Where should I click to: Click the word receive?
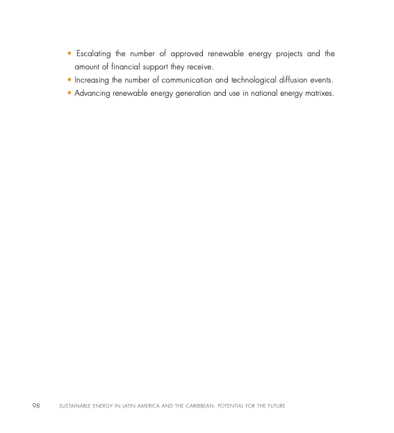(x=197, y=67)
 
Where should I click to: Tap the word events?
(x=327, y=80)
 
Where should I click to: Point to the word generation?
(x=186, y=93)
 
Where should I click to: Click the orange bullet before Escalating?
(x=70, y=53)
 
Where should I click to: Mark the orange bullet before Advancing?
(x=70, y=93)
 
